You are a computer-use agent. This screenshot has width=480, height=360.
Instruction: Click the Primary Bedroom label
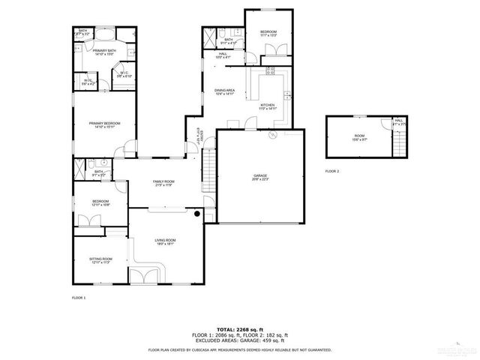click(x=103, y=124)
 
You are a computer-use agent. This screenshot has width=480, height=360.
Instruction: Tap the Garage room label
click(x=260, y=177)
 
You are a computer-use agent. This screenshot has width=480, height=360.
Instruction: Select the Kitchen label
click(x=268, y=106)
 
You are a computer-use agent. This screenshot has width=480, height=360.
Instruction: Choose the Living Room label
click(x=164, y=241)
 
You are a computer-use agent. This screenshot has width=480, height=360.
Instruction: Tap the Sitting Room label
click(x=100, y=260)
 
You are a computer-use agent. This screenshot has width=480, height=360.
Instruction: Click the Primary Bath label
click(x=103, y=52)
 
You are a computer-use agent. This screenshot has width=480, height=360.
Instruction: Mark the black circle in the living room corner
click(x=196, y=214)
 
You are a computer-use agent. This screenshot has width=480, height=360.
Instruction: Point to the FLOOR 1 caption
click(x=79, y=298)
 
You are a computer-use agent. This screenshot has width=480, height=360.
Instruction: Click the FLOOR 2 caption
click(x=332, y=172)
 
